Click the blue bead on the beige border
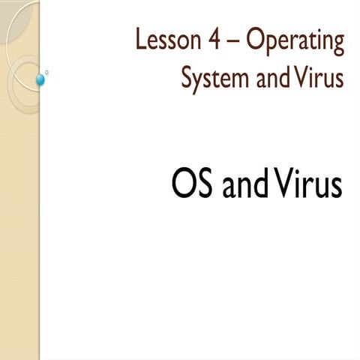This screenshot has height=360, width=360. coord(41,79)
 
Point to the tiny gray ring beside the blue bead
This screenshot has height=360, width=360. coord(47,73)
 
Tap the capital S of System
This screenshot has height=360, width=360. coord(187,76)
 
